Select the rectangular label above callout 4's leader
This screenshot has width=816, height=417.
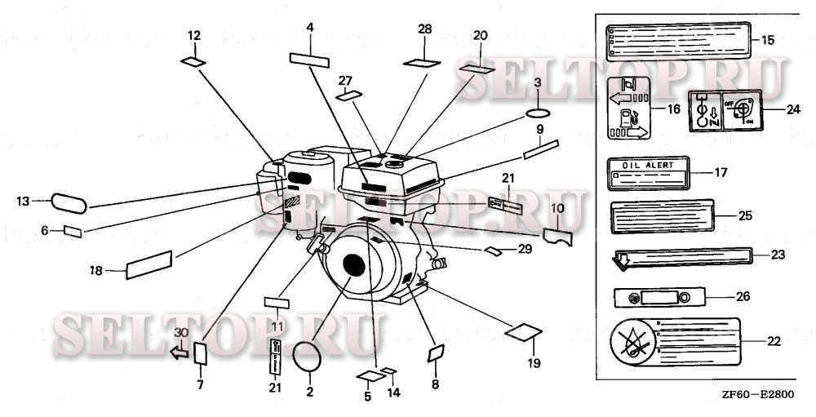[x=309, y=59]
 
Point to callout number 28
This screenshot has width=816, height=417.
[x=424, y=29]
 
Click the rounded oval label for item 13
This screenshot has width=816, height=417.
[x=69, y=202]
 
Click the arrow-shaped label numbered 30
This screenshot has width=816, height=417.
[x=178, y=352]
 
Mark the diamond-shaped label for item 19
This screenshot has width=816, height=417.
[x=524, y=332]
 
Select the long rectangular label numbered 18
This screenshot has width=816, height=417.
[x=149, y=264]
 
